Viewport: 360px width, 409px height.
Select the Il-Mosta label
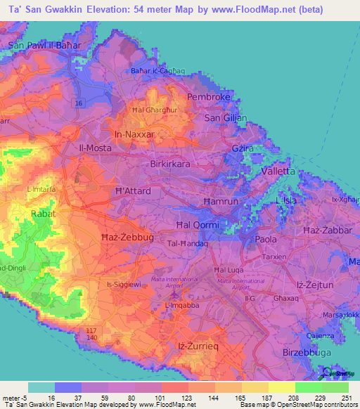[x=94, y=148]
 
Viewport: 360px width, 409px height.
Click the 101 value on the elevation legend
[x=155, y=397]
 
